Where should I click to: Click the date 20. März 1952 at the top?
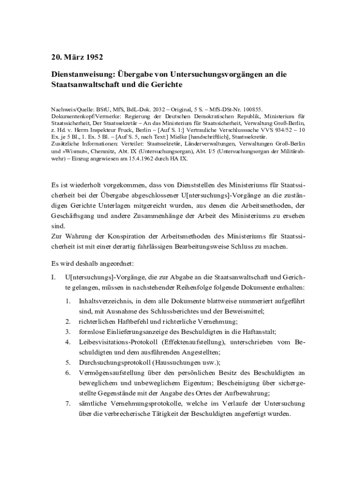[77, 58]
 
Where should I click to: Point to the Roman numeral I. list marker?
[53, 277]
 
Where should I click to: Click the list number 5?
[68, 362]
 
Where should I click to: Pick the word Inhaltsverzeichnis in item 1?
[106, 301]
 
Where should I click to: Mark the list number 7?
[68, 403]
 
